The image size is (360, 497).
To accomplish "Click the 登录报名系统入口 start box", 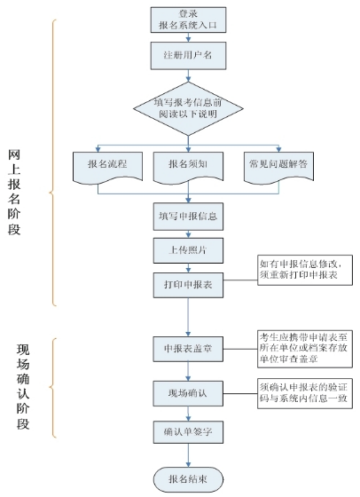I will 187,20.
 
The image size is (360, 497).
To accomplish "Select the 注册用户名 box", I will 187,55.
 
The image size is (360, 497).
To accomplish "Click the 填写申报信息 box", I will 187,216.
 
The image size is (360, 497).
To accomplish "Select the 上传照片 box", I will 187,251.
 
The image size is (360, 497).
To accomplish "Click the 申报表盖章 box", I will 187,348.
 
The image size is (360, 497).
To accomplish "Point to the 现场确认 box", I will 187,392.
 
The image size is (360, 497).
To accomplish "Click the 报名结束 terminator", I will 187,478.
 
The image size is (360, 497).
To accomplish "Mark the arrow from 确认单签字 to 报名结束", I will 187,454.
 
